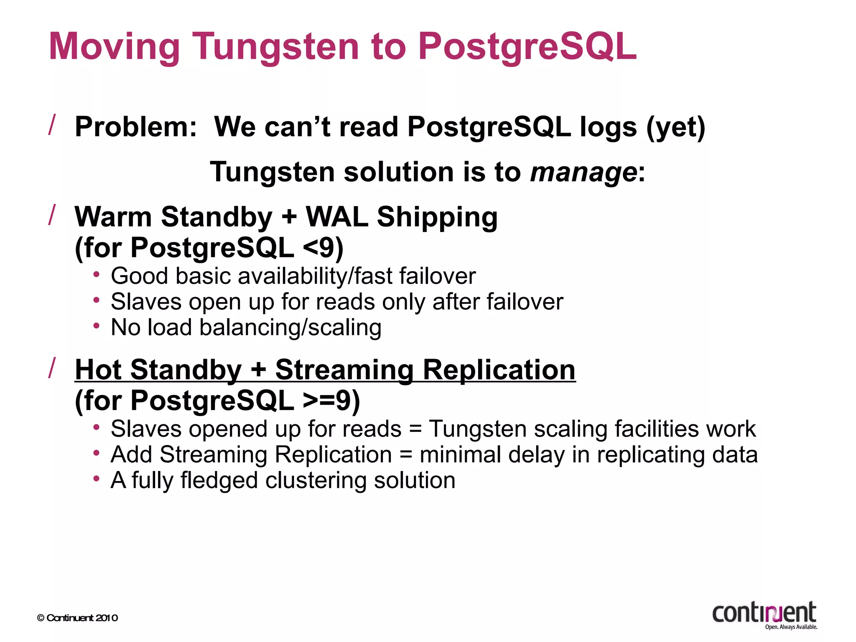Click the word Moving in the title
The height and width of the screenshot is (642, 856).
[x=114, y=47]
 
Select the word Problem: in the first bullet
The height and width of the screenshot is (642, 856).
[x=135, y=127]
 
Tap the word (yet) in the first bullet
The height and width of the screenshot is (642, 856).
[x=675, y=127]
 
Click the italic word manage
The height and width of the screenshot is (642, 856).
[x=583, y=172]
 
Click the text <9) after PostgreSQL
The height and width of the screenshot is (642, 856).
[x=323, y=248]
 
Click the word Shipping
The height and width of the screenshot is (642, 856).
[x=437, y=217]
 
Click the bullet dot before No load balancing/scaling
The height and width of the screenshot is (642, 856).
[x=97, y=326]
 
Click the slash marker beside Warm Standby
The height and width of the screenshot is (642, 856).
[x=52, y=215]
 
